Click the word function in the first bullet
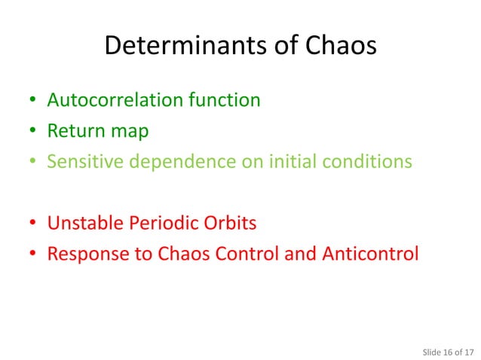(x=229, y=99)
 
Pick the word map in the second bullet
(x=128, y=132)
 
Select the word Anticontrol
(x=371, y=254)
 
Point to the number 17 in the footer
(x=470, y=350)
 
